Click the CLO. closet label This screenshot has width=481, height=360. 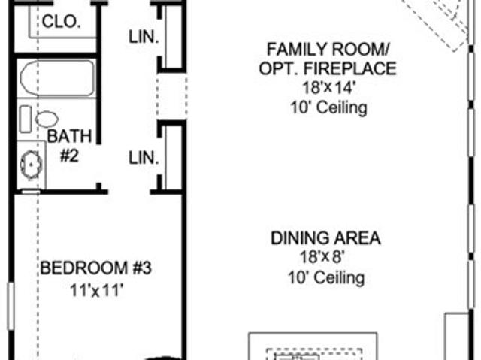(x=62, y=22)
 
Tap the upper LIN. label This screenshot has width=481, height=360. (x=144, y=37)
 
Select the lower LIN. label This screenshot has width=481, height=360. (x=144, y=159)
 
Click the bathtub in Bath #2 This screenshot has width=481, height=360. (x=57, y=78)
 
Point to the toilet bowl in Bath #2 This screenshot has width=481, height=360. (x=47, y=119)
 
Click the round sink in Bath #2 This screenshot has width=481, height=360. (x=31, y=165)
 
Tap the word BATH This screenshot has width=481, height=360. (x=69, y=136)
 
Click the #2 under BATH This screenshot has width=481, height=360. (x=69, y=156)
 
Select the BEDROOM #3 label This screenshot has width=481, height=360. (x=96, y=268)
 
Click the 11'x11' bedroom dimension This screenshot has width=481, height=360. (x=97, y=290)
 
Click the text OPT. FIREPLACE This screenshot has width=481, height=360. (x=328, y=68)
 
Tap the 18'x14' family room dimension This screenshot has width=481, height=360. (x=328, y=88)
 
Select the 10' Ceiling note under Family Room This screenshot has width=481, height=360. (x=328, y=107)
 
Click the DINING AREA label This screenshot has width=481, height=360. (x=325, y=238)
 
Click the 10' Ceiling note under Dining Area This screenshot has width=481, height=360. (x=326, y=277)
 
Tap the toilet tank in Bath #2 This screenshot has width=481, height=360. (x=26, y=119)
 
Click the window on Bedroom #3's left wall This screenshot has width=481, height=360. (x=11, y=307)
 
